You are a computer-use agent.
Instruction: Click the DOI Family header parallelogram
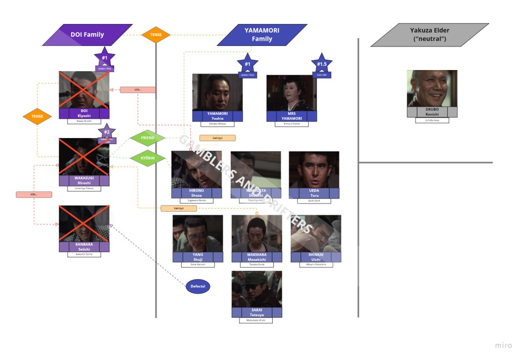87,35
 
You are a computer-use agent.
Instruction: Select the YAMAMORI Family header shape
262,35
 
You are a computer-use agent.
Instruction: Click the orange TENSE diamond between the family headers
156,35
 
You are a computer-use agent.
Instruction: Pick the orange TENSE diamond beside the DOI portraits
37,117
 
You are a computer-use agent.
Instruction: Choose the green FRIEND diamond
147,138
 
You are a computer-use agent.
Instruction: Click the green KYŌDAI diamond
147,159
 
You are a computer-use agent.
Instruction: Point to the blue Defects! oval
198,286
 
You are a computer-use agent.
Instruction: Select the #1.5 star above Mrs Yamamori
321,64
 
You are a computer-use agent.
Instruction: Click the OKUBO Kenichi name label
432,112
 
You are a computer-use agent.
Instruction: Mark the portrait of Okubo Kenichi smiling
432,88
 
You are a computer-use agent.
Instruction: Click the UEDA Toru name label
314,193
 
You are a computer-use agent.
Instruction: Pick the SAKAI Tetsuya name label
256,312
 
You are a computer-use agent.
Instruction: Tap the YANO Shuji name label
198,257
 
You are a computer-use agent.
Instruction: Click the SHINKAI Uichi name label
316,257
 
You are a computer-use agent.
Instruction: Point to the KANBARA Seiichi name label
84,246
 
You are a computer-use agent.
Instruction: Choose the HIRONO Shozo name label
196,193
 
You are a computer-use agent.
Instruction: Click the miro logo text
503,346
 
